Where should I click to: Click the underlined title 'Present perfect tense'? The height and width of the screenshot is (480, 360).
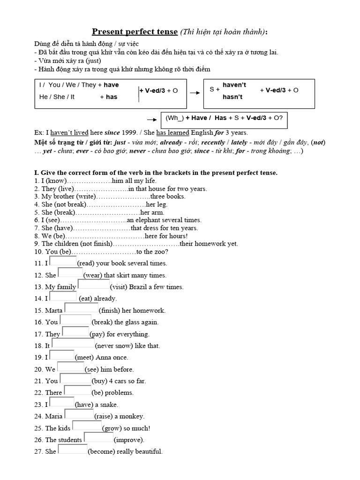point(135,32)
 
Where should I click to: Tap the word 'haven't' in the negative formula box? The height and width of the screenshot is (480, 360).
point(234,85)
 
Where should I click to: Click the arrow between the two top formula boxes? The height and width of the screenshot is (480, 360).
point(194,93)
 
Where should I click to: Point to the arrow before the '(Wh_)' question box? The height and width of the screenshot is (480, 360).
point(151,119)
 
